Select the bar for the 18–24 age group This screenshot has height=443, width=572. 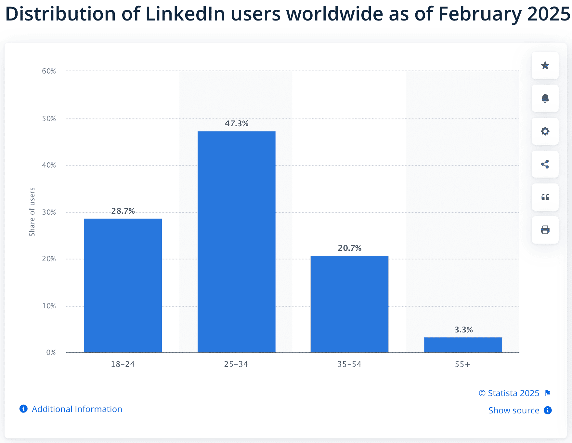coord(123,285)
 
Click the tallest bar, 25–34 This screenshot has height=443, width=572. coord(236,242)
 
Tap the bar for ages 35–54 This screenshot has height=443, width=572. coord(349,304)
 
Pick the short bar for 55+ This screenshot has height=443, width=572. coord(463,345)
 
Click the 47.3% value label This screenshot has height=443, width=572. coord(237,124)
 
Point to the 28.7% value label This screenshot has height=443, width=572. coord(123,211)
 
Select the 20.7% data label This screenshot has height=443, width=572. coord(349,248)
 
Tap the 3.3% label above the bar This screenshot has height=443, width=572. coord(463,330)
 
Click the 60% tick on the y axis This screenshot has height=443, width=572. coord(49,71)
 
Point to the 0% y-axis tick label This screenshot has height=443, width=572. coord(51,353)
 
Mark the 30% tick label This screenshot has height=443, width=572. coord(49,212)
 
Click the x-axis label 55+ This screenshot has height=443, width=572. coord(462,364)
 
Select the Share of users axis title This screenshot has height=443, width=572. coord(32,212)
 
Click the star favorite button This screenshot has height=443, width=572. coord(545,65)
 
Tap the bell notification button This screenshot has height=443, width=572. coord(545,98)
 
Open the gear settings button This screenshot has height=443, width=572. coord(545,131)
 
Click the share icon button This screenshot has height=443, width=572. coord(545,164)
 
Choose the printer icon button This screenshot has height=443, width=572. coord(545,230)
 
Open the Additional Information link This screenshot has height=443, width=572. coord(77,409)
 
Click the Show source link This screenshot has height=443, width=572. coord(513,410)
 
